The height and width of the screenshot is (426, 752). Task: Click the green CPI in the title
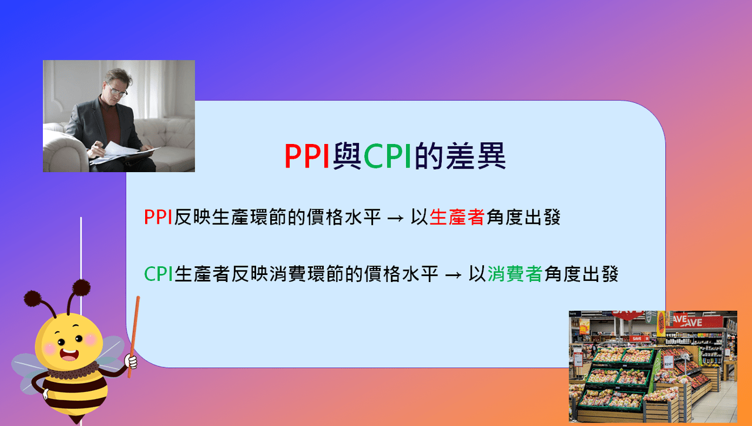coord(387,156)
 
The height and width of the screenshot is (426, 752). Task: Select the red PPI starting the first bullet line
coord(158,218)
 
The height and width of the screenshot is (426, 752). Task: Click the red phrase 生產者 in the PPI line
coord(457,218)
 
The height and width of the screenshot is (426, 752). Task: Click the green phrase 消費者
coord(515,274)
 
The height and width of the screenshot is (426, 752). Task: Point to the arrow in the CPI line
coord(454,275)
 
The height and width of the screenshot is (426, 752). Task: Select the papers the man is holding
coord(120,152)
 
